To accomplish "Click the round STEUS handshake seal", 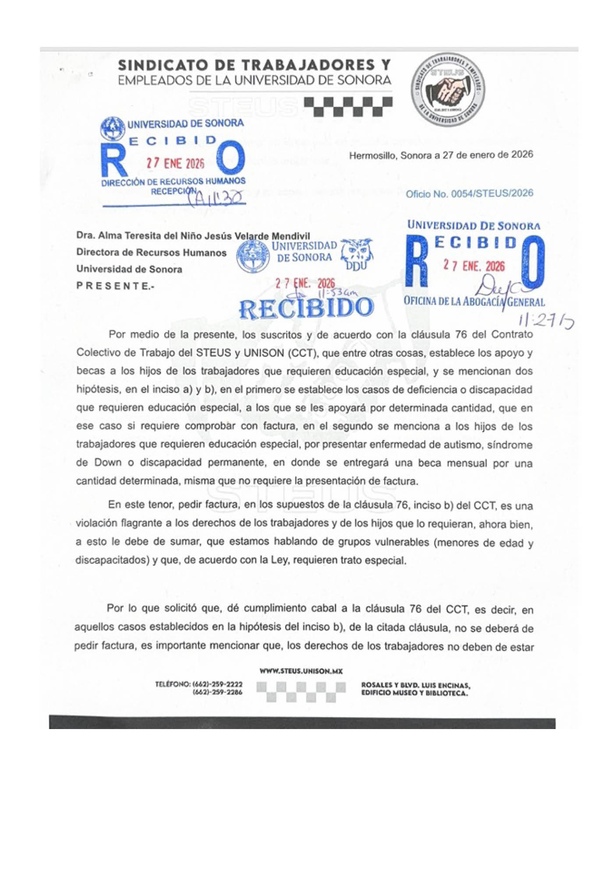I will click(447, 90).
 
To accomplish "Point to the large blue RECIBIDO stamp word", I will click(306, 308).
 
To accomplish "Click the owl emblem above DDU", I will click(357, 251).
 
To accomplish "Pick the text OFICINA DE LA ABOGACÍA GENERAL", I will click(474, 301).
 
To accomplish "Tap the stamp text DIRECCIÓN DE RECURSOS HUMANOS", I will click(173, 181).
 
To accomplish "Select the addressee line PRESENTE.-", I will click(115, 286).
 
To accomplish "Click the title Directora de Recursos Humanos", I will click(151, 252).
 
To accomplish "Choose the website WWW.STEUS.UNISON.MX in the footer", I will click(301, 671).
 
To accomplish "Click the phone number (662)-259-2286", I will click(217, 692).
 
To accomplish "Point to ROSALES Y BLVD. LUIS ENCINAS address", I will click(415, 685).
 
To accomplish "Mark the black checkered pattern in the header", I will click(348, 106).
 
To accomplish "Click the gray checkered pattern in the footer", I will click(301, 691).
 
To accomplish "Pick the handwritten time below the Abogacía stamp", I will click(545, 322).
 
